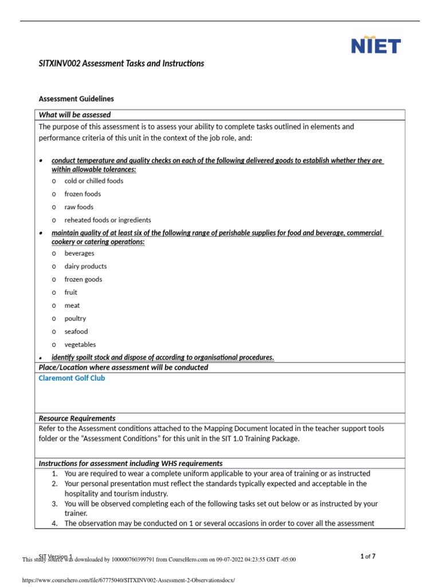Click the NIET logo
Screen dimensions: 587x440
(x=375, y=46)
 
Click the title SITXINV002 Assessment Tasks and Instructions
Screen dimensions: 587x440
(x=121, y=63)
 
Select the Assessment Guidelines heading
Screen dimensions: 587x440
(x=76, y=99)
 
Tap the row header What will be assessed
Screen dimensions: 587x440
(x=74, y=115)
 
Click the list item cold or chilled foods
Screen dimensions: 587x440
(x=93, y=181)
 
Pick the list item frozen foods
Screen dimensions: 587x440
(x=82, y=194)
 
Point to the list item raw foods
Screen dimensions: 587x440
(x=78, y=207)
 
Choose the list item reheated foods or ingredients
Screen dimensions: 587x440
(x=108, y=220)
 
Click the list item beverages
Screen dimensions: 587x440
(x=79, y=253)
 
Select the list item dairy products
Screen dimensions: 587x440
(x=85, y=266)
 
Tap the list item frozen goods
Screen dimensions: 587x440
(x=83, y=279)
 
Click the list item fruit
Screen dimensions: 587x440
(x=70, y=292)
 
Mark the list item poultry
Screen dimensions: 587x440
(x=75, y=318)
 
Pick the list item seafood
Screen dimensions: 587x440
(x=76, y=331)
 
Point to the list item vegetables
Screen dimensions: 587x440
(x=80, y=345)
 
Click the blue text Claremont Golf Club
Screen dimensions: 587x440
(x=72, y=378)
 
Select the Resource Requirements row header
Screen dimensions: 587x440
(x=77, y=418)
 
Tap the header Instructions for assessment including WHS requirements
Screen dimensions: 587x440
(x=130, y=463)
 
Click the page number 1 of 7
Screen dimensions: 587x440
(x=368, y=556)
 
